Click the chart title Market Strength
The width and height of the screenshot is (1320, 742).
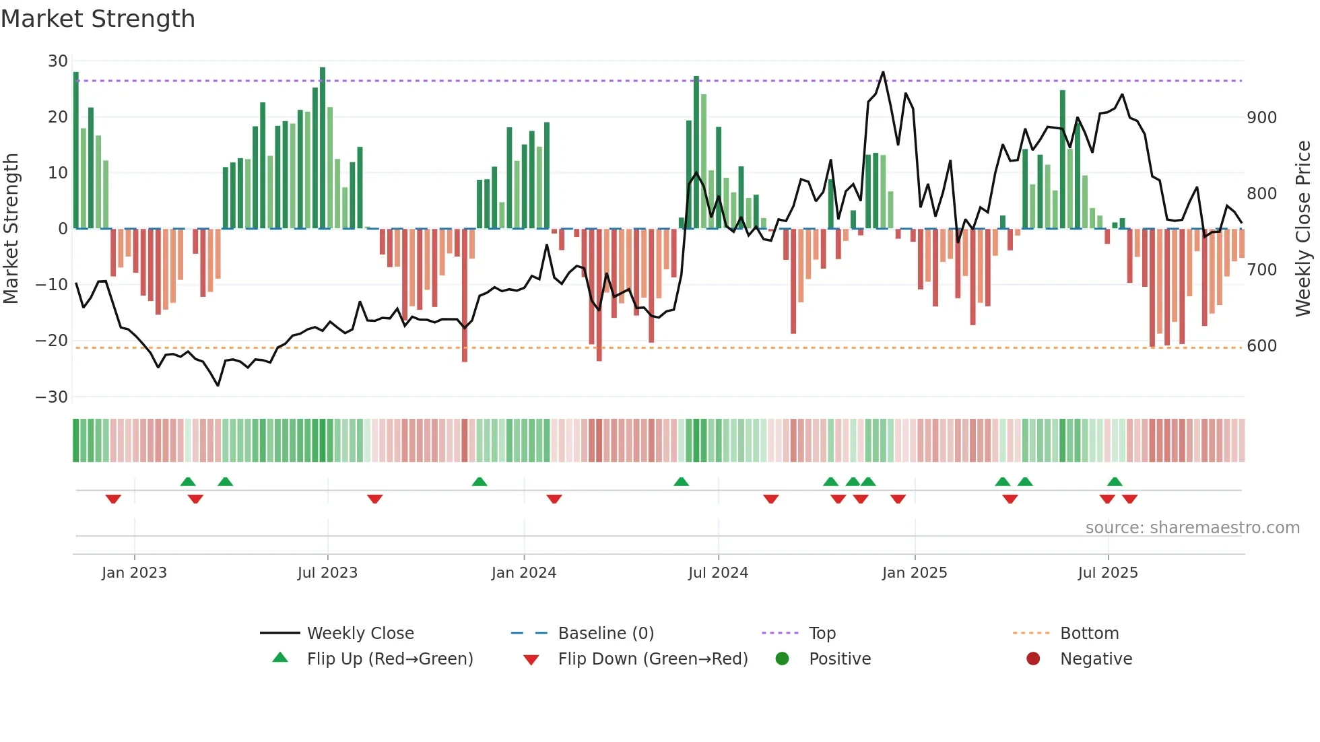tap(98, 19)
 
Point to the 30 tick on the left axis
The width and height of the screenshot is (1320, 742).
tap(58, 61)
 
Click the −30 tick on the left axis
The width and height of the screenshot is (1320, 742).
tap(52, 397)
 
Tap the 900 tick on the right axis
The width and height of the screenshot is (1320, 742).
tap(1261, 118)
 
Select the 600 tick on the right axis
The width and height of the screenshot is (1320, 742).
tap(1261, 346)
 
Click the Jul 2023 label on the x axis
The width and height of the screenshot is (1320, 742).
tap(327, 573)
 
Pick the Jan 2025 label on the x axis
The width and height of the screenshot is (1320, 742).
tap(914, 573)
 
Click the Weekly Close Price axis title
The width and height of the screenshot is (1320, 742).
tap(1303, 229)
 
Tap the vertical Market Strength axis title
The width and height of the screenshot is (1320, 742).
tap(11, 229)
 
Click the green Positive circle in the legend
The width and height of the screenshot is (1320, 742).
tap(782, 659)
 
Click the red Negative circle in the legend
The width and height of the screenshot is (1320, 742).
tap(1033, 659)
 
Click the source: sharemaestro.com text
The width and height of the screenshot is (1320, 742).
tap(1192, 528)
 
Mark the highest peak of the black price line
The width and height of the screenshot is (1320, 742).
tap(883, 72)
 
